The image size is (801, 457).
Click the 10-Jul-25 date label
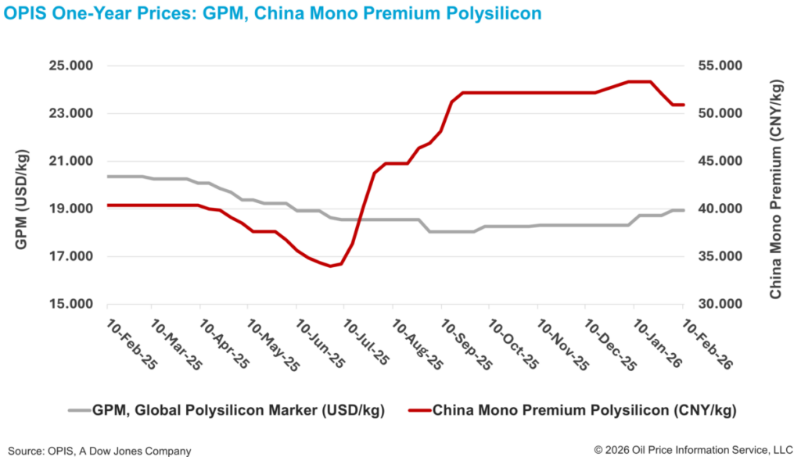(x=368, y=344)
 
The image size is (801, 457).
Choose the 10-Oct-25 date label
(x=513, y=344)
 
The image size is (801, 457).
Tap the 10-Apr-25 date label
(x=223, y=344)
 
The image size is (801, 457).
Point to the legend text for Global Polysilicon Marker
(x=228, y=409)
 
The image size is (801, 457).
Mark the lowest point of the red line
(x=331, y=266)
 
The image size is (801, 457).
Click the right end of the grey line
(x=684, y=210)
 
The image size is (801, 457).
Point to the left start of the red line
(x=108, y=205)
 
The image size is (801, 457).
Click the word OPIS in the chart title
(x=27, y=14)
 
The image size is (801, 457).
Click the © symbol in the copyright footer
(x=598, y=450)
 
